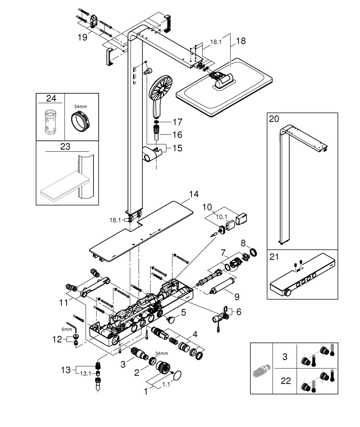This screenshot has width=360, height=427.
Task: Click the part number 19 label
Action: (82, 37)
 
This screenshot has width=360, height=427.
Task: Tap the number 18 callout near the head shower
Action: (241, 41)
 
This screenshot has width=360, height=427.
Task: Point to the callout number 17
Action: (177, 122)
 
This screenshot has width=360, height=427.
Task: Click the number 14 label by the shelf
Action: (194, 194)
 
